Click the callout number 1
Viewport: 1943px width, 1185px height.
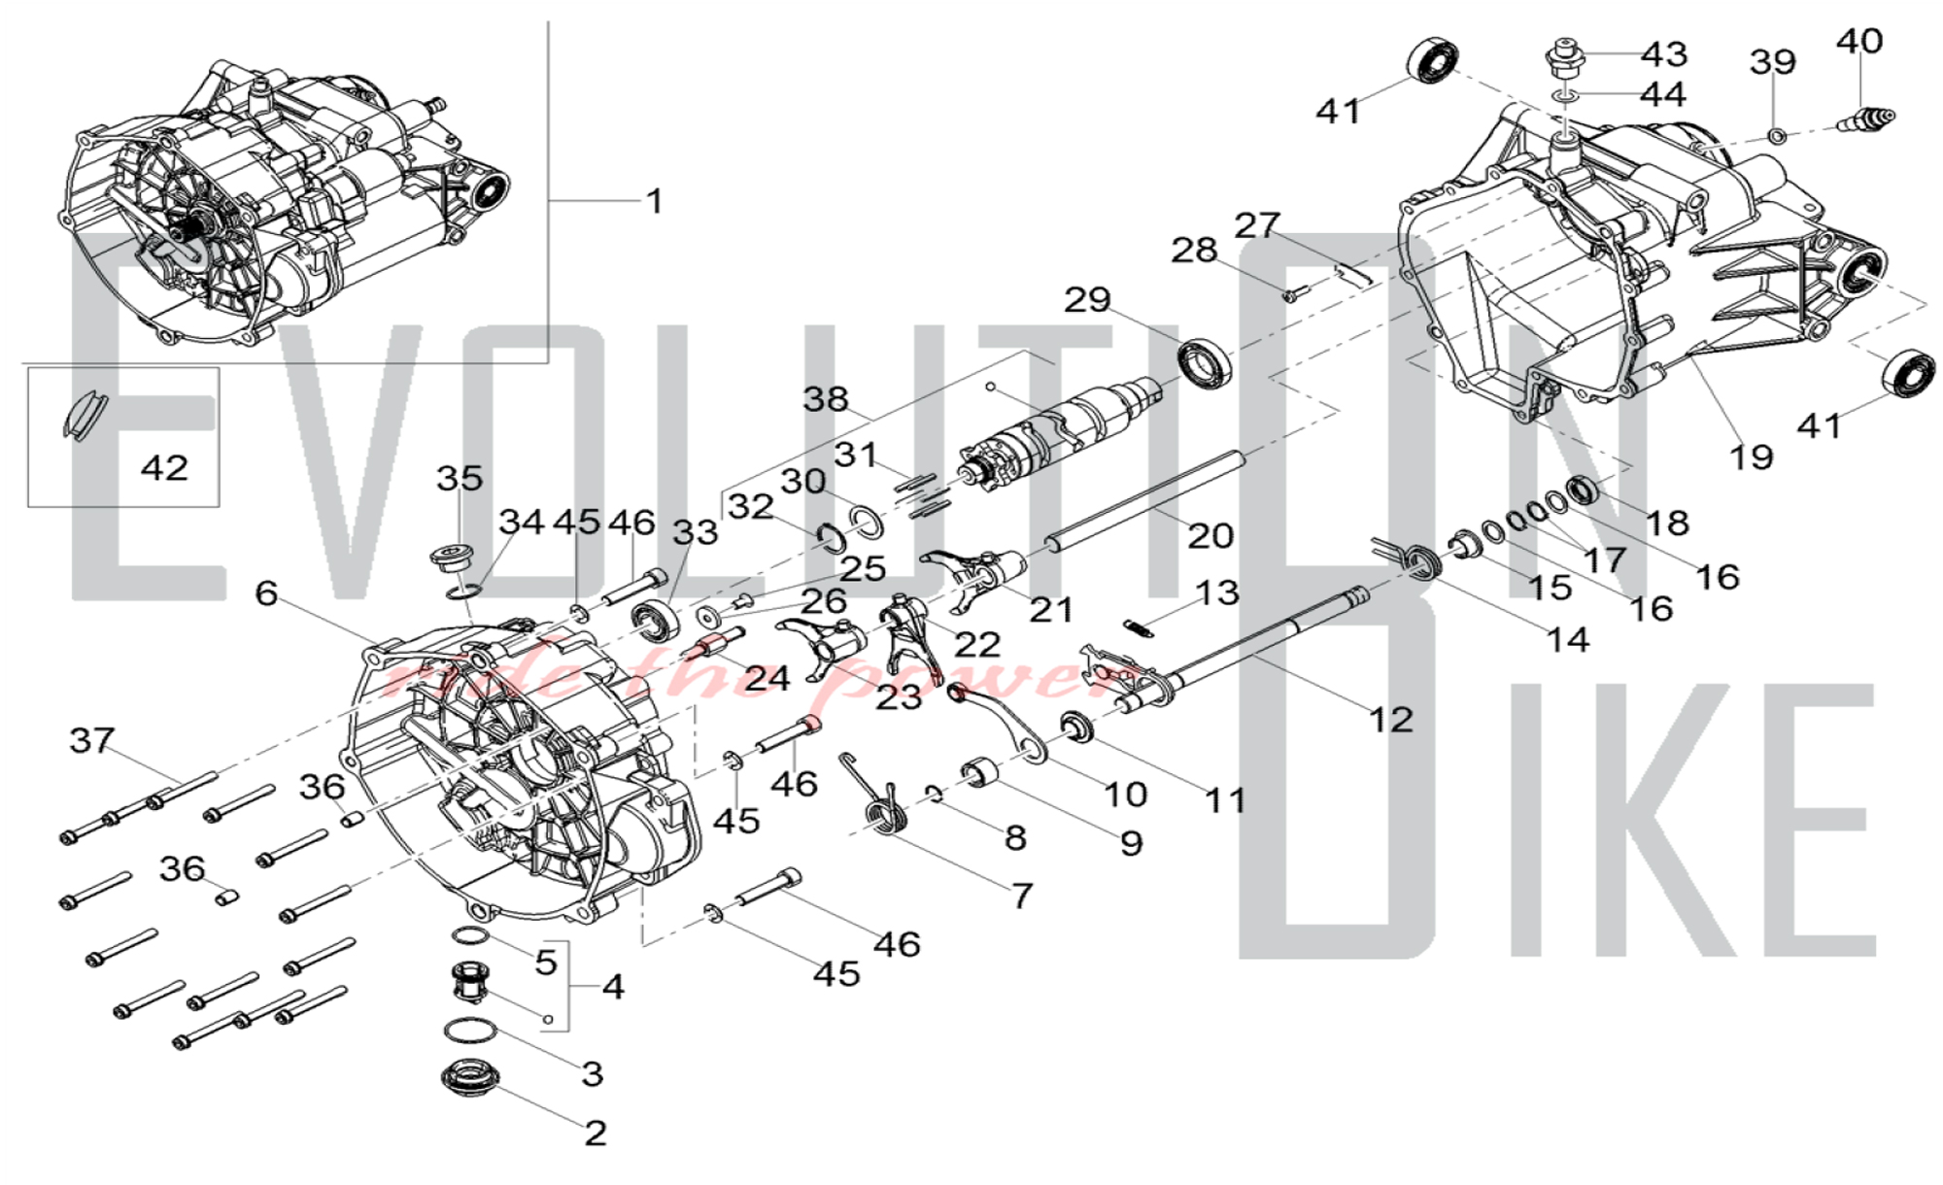[x=655, y=201]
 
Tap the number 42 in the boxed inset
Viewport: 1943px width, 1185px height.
[x=164, y=468]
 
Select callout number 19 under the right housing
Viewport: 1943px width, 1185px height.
[x=1751, y=457]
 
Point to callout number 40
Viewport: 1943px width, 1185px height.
[x=1859, y=41]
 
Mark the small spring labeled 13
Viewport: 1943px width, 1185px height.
[x=1140, y=627]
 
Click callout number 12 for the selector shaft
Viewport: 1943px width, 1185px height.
[x=1391, y=720]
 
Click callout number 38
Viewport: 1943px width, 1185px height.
[x=826, y=399]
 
